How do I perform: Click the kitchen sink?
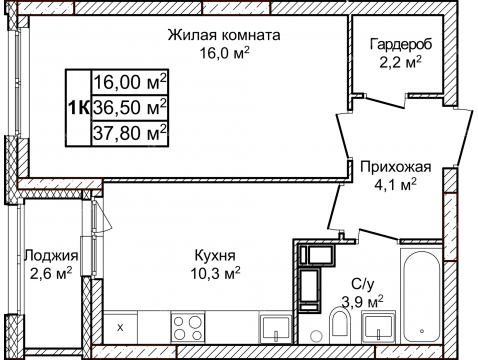coord(272,326)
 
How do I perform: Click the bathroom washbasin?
coord(378,326)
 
